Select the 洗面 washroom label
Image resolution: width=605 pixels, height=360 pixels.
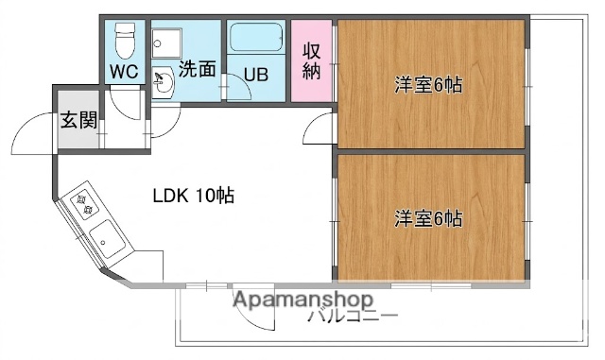[198, 68]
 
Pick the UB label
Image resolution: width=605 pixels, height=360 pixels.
[255, 73]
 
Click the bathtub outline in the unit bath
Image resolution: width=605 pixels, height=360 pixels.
[254, 41]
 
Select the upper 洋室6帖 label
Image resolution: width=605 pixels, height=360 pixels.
[428, 84]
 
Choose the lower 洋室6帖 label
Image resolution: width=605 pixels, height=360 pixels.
[428, 218]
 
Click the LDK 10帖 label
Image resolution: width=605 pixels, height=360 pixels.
[194, 197]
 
